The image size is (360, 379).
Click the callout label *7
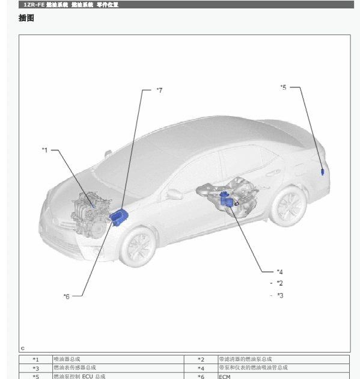(x=159, y=90)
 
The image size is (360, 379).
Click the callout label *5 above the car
(x=284, y=87)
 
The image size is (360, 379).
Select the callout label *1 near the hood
(x=45, y=150)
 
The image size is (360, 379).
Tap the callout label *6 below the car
(x=66, y=297)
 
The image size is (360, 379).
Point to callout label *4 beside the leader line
(x=280, y=272)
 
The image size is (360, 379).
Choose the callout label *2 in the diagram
(x=280, y=283)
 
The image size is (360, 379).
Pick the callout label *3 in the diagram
(x=280, y=295)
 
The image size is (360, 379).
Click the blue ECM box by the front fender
(x=119, y=217)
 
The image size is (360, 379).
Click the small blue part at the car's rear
(x=323, y=172)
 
